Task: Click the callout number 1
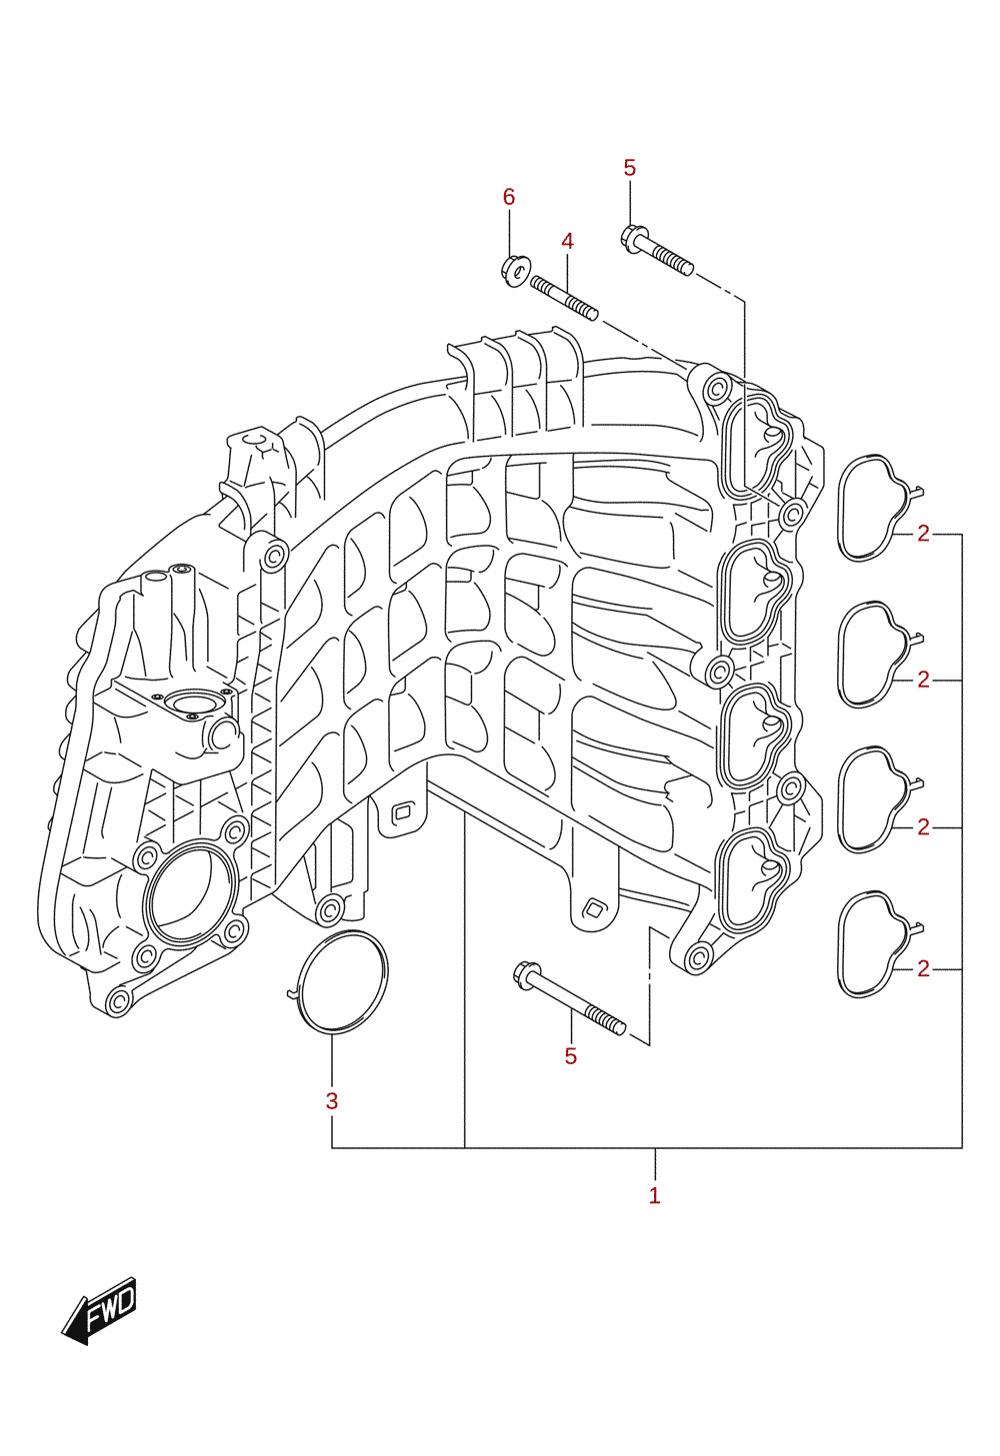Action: point(655,1195)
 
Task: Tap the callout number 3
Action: point(332,1101)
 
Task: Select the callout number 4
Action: point(567,242)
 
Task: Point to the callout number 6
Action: point(509,196)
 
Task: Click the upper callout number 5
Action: point(629,168)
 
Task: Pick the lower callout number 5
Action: point(571,1056)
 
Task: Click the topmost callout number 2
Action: point(923,534)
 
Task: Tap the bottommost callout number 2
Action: point(923,969)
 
